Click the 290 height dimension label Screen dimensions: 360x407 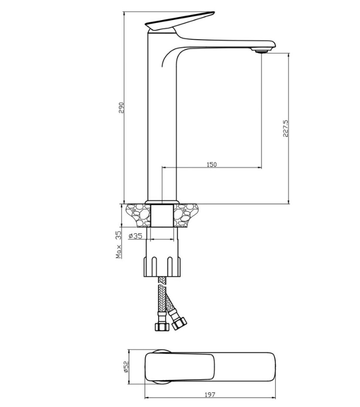pyautogui.click(x=122, y=108)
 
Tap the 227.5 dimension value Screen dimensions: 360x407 pyautogui.click(x=285, y=129)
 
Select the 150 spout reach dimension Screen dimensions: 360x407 pyautogui.click(x=211, y=164)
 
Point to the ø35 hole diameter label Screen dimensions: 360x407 pyautogui.click(x=136, y=236)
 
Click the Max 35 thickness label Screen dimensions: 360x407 pyautogui.click(x=119, y=245)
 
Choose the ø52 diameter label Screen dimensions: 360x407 pyautogui.click(x=126, y=367)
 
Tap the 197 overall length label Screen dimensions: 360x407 pyautogui.click(x=210, y=394)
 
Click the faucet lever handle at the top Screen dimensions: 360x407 pyautogui.click(x=180, y=20)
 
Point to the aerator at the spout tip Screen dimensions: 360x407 pyautogui.click(x=262, y=51)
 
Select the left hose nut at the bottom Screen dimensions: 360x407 pyautogui.click(x=162, y=326)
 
